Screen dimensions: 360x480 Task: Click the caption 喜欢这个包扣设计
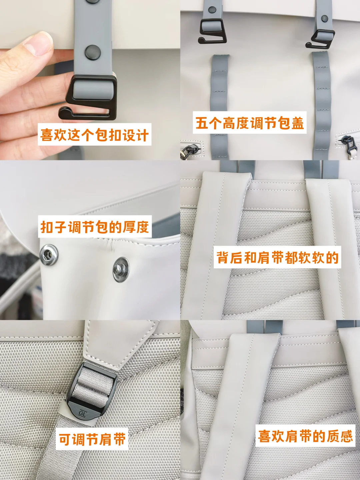pos(94,134)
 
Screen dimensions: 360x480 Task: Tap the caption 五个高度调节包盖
pos(250,123)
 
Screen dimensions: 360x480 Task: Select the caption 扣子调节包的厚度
pos(95,227)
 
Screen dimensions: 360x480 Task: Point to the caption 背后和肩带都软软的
pos(277,257)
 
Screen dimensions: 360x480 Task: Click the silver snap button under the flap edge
pos(49,255)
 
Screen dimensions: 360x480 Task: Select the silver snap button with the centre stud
pos(121,269)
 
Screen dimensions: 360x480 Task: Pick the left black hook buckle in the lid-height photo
pos(212,31)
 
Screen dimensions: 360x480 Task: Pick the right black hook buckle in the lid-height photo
pos(320,39)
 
